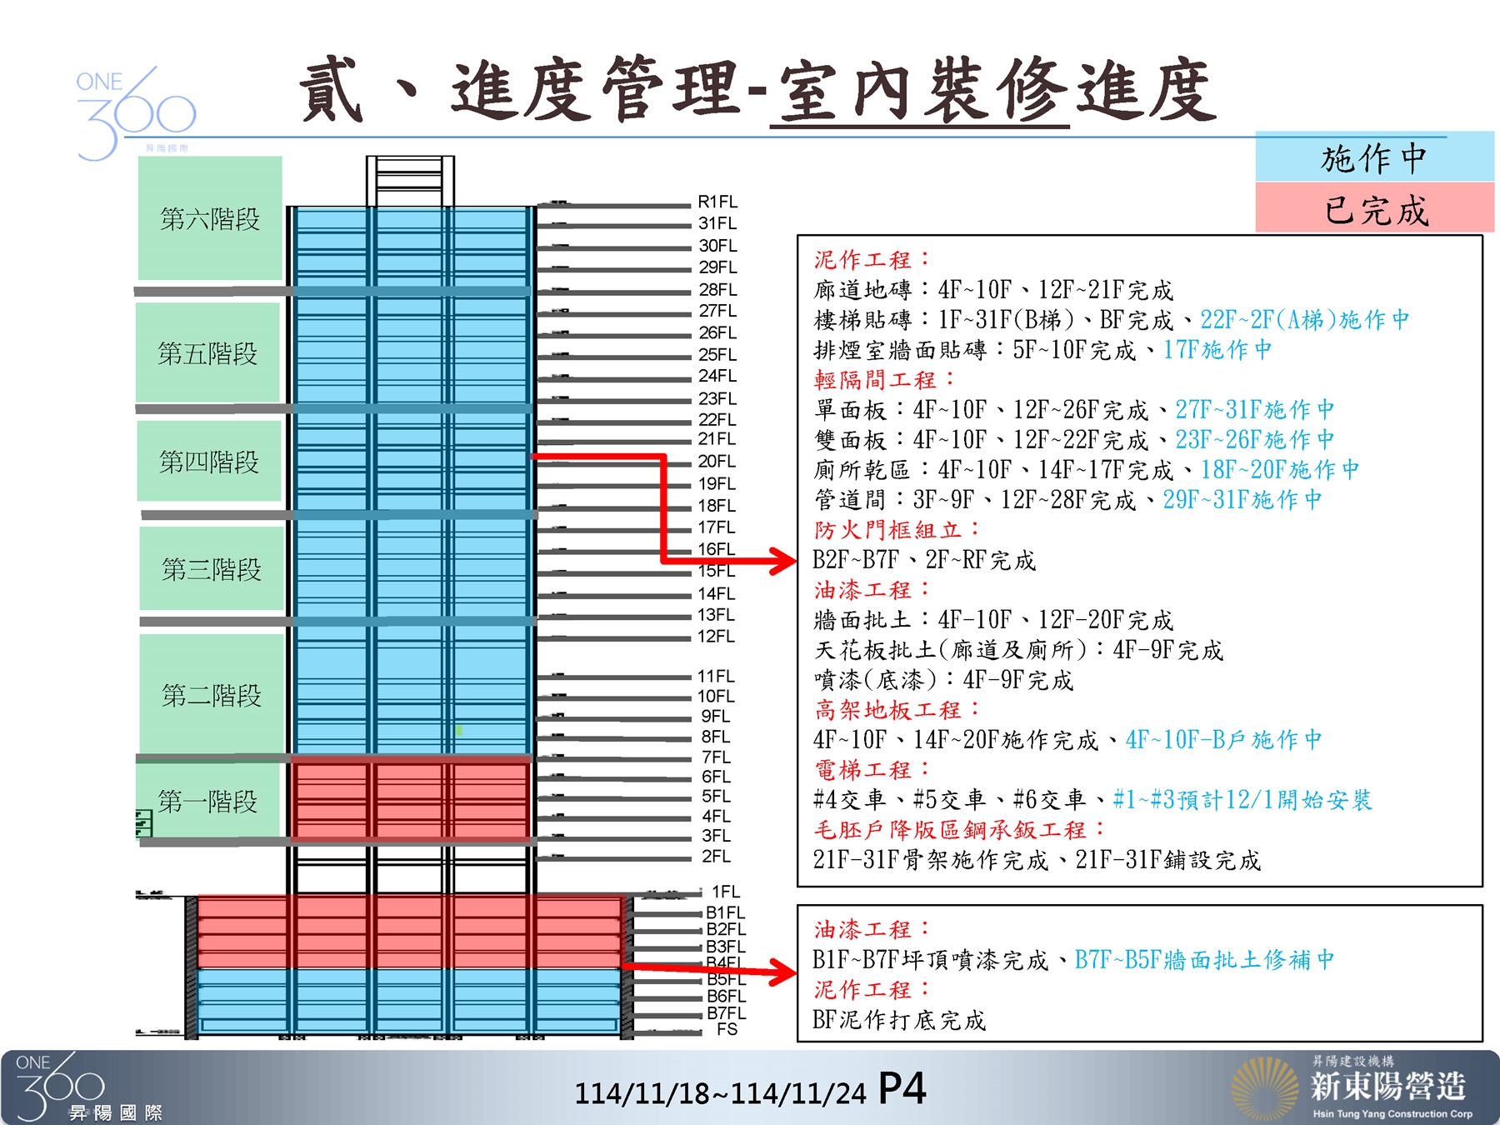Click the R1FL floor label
[x=717, y=202]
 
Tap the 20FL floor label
[x=717, y=461]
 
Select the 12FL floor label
[x=716, y=636]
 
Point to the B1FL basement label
[x=725, y=912]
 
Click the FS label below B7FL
[x=727, y=1029]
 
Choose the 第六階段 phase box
[x=210, y=218]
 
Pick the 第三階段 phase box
[x=212, y=569]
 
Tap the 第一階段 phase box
[x=208, y=802]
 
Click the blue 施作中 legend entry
[x=1374, y=157]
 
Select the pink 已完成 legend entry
[x=1375, y=209]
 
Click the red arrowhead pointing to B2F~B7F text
[x=783, y=561]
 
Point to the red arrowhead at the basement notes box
[x=783, y=972]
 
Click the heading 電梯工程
[x=871, y=770]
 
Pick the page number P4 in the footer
[x=902, y=1089]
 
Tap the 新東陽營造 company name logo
[x=1387, y=1087]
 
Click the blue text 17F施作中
[x=1217, y=350]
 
